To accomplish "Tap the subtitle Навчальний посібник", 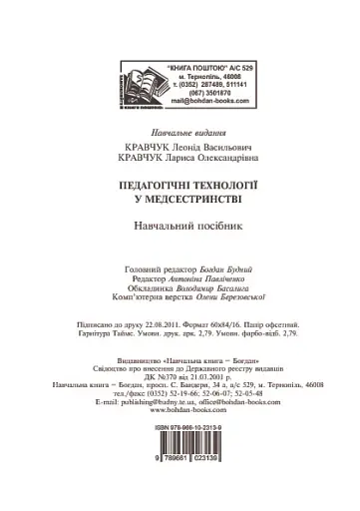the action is point(180,228).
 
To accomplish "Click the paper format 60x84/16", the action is point(242,324).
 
